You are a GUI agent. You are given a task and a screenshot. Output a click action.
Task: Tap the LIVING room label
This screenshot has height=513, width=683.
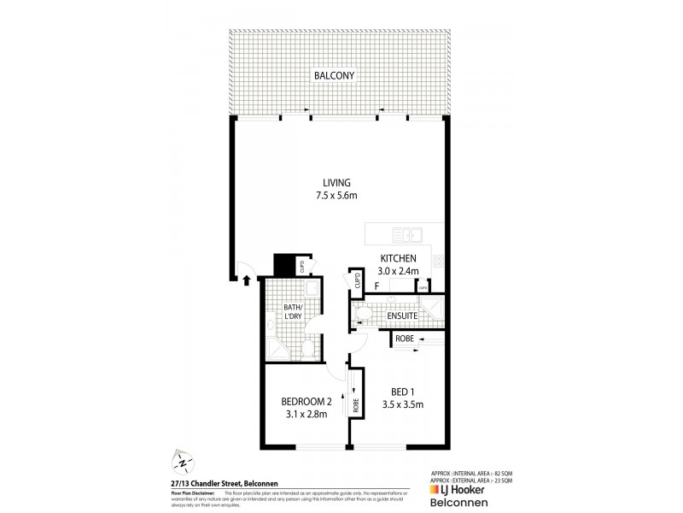[x=336, y=183]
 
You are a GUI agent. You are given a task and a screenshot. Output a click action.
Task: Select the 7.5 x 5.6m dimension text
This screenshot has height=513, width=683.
[x=336, y=197]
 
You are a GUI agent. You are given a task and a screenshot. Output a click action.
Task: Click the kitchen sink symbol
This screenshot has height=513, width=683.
[x=406, y=234]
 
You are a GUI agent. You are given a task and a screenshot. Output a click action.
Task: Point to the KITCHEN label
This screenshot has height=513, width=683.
[x=397, y=258]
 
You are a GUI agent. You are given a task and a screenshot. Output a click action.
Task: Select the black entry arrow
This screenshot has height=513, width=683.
[x=248, y=279]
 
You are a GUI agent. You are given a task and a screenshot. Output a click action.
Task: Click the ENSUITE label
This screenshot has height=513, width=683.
[x=401, y=315]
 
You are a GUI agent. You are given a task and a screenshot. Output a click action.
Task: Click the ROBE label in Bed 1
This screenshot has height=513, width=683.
[x=404, y=339]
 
